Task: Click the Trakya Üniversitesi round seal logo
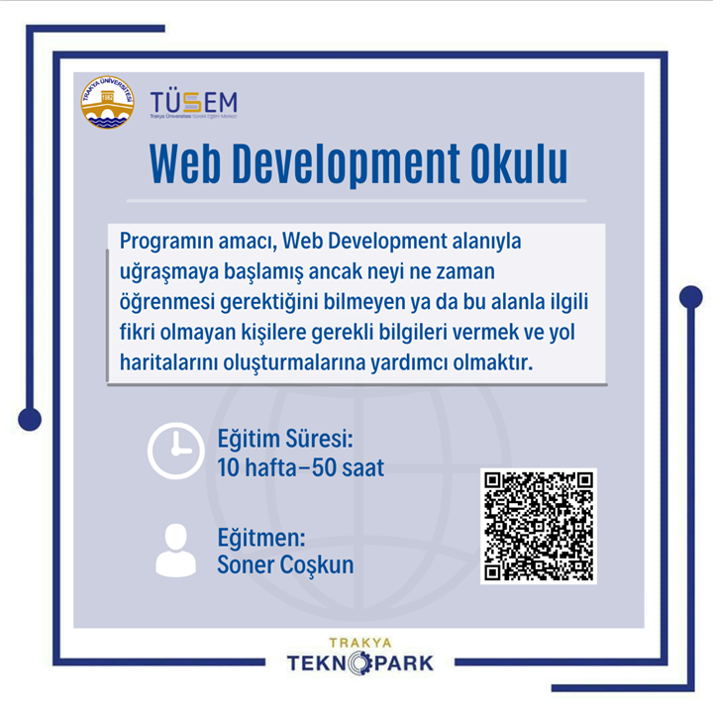click(x=107, y=102)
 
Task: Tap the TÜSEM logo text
click(x=194, y=103)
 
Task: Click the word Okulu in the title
click(x=519, y=163)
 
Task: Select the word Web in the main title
click(x=185, y=163)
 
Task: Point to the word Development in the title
click(x=346, y=164)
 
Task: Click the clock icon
click(x=176, y=451)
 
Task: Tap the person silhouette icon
click(x=176, y=551)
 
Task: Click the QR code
click(x=539, y=526)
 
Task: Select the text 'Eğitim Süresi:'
click(x=285, y=439)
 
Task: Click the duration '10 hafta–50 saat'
click(x=301, y=467)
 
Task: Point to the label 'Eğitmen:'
click(x=261, y=537)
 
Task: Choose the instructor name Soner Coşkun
click(x=285, y=564)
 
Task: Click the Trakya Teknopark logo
click(x=360, y=657)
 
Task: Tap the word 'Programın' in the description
click(x=166, y=241)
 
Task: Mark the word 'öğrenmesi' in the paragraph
click(x=167, y=302)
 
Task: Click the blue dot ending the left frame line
click(x=30, y=419)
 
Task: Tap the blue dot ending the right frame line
click(x=691, y=297)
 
